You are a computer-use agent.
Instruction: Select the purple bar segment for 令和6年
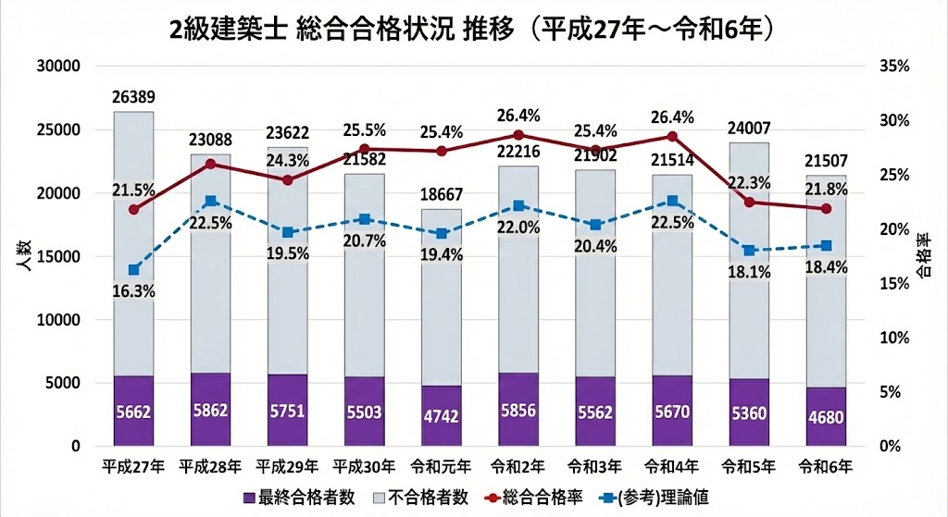pyautogui.click(x=826, y=416)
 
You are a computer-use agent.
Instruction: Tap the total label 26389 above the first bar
pyautogui.click(x=133, y=97)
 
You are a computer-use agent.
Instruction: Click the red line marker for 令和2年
pyautogui.click(x=518, y=135)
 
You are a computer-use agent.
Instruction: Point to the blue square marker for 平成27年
pyautogui.click(x=133, y=270)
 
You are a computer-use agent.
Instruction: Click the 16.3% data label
pyautogui.click(x=133, y=290)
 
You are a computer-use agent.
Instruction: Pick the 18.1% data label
pyautogui.click(x=749, y=272)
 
